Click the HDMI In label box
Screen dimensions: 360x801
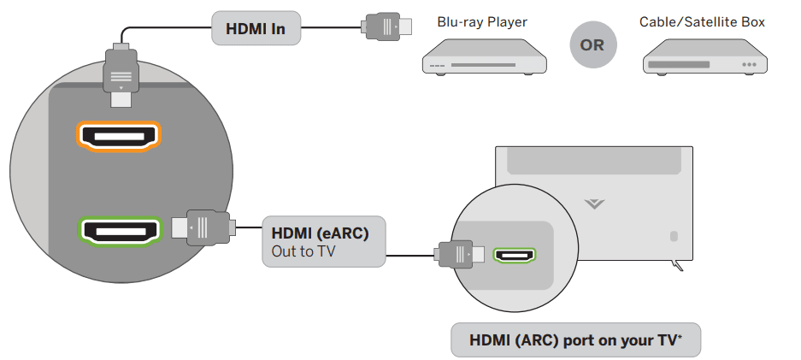tap(255, 29)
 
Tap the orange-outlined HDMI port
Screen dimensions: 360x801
tap(119, 136)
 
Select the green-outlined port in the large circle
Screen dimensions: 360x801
tap(119, 230)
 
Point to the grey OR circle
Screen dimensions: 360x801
tap(592, 45)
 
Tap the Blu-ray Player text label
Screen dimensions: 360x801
tap(482, 21)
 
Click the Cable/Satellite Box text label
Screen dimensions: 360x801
tap(702, 21)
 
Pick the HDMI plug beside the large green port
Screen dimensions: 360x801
tap(200, 227)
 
